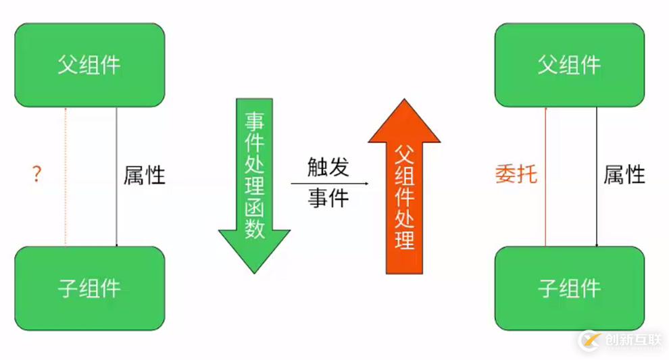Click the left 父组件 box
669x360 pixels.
90,65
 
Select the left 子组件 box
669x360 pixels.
90,288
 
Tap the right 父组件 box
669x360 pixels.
570,65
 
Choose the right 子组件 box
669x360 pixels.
570,288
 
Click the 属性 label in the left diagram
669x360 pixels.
145,176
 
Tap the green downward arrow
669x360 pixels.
254,182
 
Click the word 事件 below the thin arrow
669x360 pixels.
328,198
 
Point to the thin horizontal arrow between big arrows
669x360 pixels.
330,183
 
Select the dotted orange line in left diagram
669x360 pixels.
66,176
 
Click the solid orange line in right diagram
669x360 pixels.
545,176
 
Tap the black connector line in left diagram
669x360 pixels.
117,176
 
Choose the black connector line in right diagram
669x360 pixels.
597,176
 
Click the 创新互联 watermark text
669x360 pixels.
635,340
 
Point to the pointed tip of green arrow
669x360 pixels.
254,272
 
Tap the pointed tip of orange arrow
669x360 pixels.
404,102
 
